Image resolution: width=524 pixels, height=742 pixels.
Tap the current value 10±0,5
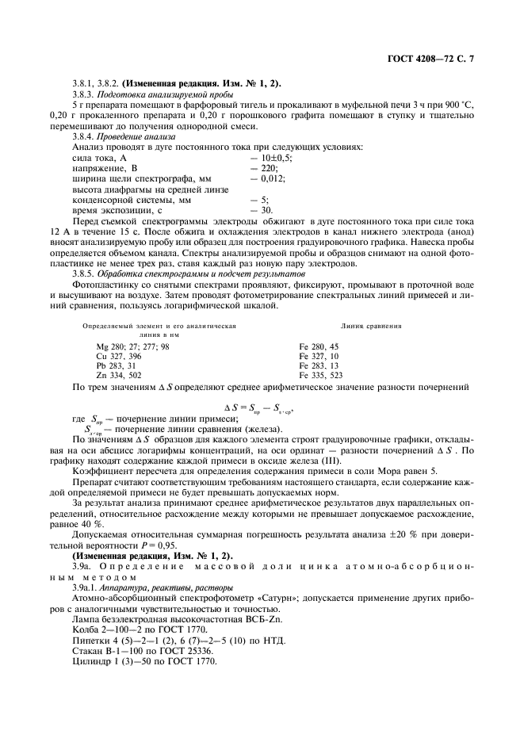coord(274,159)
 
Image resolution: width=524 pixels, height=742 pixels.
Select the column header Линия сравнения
coord(370,326)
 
